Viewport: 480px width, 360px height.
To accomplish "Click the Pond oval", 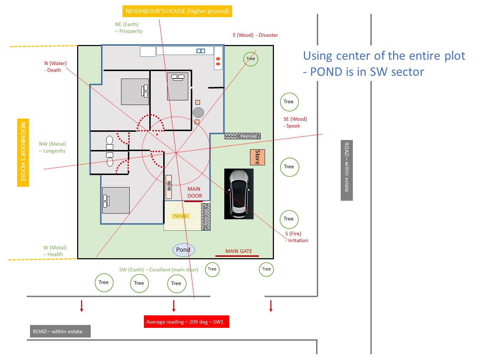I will (x=184, y=250).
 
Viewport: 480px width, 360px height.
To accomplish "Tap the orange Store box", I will (x=257, y=157).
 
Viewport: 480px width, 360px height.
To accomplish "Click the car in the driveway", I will (x=239, y=194).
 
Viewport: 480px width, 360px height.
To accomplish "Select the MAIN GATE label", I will (x=239, y=251).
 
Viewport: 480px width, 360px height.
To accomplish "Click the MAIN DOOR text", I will (x=195, y=192).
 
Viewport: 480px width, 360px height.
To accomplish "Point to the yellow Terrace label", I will (x=180, y=216).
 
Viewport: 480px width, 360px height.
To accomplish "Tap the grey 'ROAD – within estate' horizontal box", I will (x=60, y=331).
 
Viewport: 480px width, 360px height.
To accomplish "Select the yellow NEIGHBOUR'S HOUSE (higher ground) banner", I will (x=177, y=11).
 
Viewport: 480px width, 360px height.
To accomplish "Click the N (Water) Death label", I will (x=55, y=67).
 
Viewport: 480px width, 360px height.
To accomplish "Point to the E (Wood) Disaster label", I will (x=255, y=35).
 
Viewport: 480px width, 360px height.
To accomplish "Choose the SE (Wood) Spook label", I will (x=295, y=122).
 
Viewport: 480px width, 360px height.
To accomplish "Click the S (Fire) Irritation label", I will (x=296, y=237).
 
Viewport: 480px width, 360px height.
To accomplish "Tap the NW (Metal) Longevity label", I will (x=52, y=147).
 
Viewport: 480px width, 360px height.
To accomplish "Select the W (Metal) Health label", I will (x=55, y=251).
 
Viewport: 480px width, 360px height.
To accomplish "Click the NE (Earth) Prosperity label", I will (x=129, y=28).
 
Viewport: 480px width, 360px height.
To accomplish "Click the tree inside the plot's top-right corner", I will (x=251, y=59).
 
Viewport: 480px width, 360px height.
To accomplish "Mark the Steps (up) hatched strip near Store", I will (x=242, y=136).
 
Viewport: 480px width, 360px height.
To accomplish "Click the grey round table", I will (x=198, y=112).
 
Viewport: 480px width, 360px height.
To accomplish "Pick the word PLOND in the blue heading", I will (x=326, y=72).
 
